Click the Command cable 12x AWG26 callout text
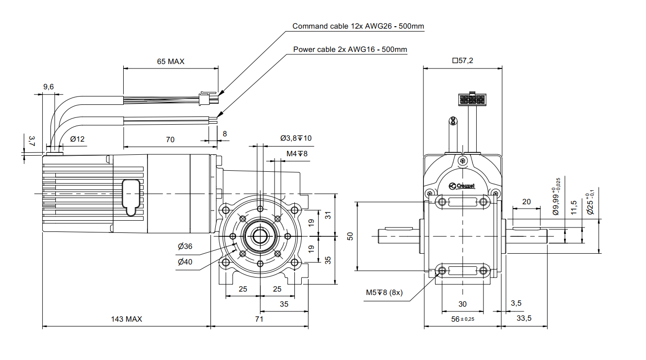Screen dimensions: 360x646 click(358, 26)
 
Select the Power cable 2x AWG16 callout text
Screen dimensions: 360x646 click(350, 49)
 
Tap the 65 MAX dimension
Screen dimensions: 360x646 click(171, 62)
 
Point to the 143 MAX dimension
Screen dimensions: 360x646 click(127, 319)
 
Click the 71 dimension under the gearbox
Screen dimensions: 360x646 click(259, 319)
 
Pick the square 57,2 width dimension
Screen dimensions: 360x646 click(462, 61)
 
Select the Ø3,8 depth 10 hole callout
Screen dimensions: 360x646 click(296, 138)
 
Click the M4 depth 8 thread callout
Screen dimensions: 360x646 click(297, 154)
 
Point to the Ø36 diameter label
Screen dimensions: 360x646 click(185, 246)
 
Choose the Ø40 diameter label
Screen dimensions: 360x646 click(185, 262)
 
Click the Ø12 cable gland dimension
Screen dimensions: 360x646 click(77, 139)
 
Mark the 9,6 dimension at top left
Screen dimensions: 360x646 click(48, 87)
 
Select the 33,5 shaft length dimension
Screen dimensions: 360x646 click(524, 318)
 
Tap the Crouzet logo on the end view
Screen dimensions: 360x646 click(462, 185)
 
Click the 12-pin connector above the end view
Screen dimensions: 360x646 click(470, 100)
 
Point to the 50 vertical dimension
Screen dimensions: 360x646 click(351, 236)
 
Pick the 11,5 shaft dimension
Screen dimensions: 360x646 click(574, 207)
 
